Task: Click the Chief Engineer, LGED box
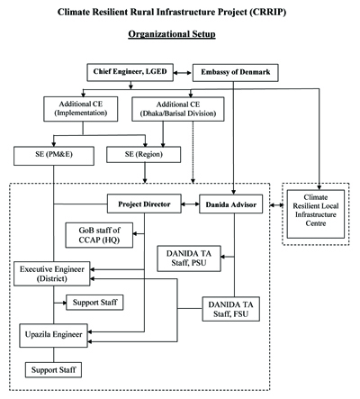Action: point(130,72)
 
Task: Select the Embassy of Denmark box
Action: point(236,73)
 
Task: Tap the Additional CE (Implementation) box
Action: point(81,109)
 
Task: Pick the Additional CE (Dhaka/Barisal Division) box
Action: point(178,109)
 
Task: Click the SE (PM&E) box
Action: point(54,156)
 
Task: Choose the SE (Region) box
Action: point(144,155)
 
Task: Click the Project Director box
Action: point(144,204)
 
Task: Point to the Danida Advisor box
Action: point(231,204)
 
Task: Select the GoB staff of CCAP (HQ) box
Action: point(99,235)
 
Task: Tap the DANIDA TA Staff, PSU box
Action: point(189,258)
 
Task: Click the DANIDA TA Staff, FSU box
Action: point(231,309)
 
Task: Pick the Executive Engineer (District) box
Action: point(52,274)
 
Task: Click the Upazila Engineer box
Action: point(54,335)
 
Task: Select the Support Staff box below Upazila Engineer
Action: point(53,370)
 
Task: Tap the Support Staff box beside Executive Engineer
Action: point(94,303)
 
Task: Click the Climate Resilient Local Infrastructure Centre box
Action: point(316,214)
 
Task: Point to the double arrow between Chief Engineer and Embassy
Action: point(183,73)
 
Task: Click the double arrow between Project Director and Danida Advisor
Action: point(190,204)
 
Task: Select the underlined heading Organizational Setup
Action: point(172,34)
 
